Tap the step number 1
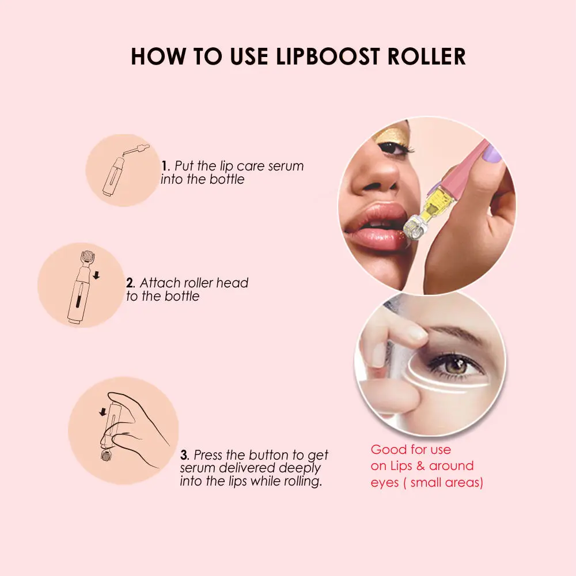(x=164, y=166)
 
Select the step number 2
(x=130, y=283)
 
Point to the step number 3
(x=184, y=456)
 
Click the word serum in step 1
(x=283, y=166)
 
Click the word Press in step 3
(x=208, y=456)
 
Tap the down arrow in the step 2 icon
(x=96, y=276)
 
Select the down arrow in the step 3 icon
(x=103, y=411)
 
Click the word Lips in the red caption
(x=404, y=466)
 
